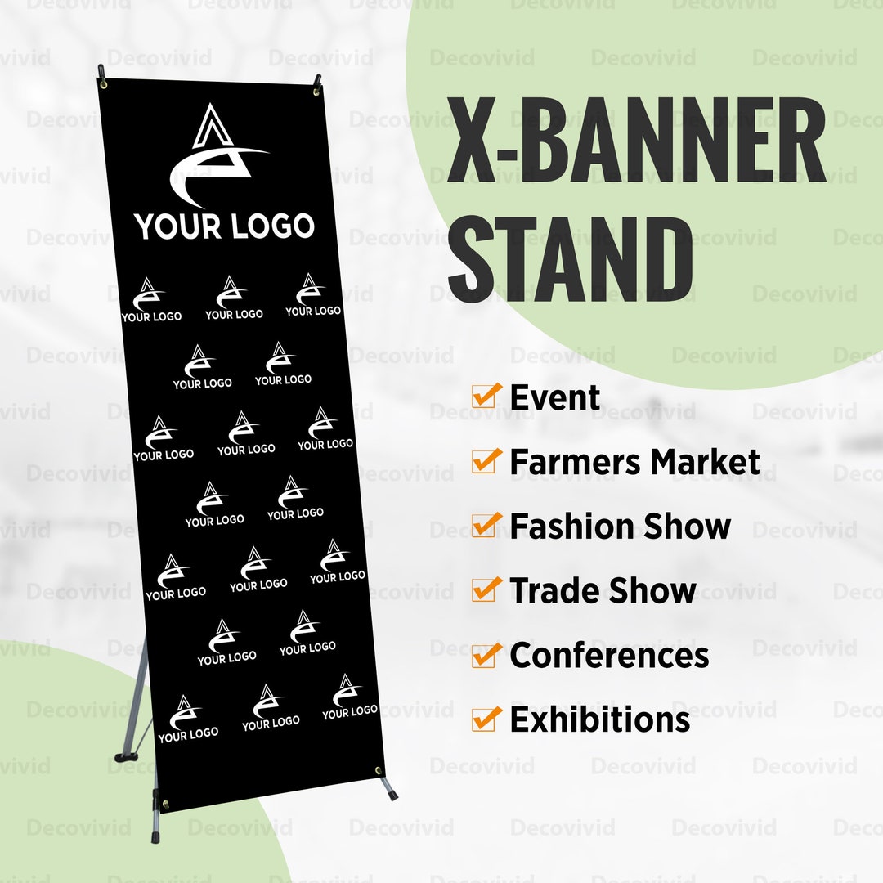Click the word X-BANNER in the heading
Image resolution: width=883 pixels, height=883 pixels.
click(x=636, y=141)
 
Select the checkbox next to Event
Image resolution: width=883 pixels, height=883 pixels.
click(x=485, y=397)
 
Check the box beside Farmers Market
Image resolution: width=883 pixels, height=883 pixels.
click(x=485, y=461)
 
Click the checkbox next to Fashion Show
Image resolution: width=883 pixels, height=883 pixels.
click(x=485, y=526)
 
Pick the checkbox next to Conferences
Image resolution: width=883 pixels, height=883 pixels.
click(x=485, y=655)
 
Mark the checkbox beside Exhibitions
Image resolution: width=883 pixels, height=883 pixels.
click(x=485, y=719)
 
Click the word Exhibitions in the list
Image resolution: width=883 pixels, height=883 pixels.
click(x=600, y=720)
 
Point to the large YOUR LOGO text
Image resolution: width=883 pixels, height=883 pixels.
click(x=224, y=226)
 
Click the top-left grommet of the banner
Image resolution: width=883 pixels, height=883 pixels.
click(x=104, y=83)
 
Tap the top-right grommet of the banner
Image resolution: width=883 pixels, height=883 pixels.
click(x=316, y=91)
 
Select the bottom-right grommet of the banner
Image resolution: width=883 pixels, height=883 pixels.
click(x=379, y=771)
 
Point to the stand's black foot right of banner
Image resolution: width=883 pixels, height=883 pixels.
click(x=391, y=792)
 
